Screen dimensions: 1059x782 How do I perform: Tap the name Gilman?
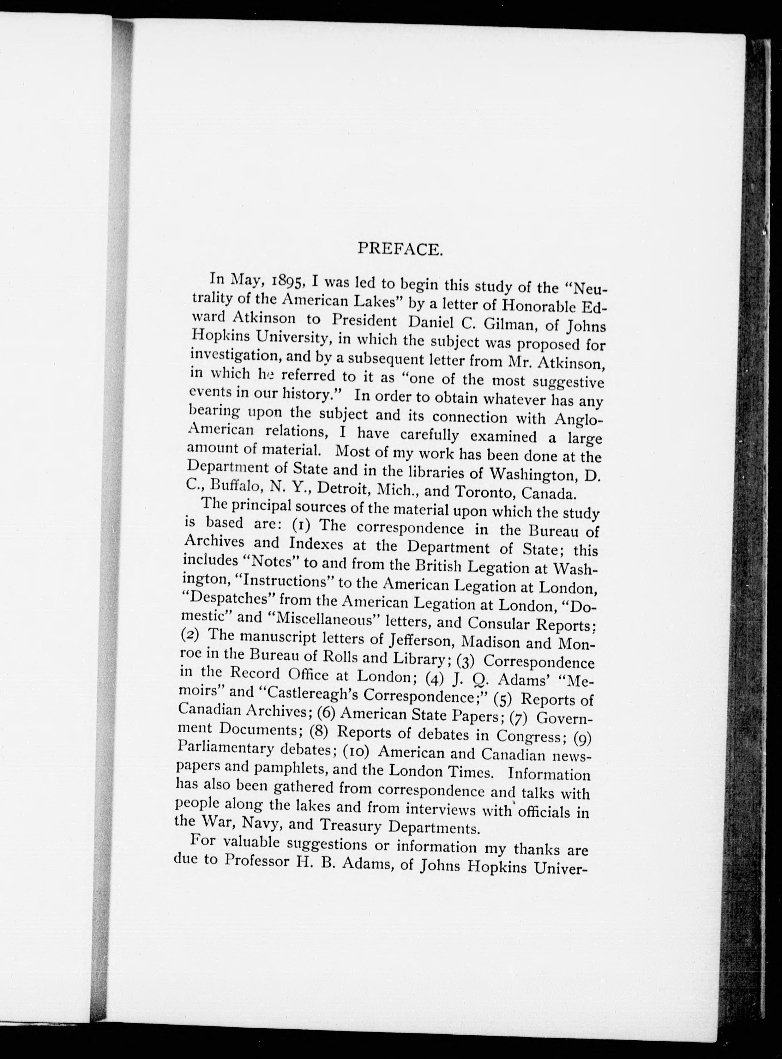click(508, 326)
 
